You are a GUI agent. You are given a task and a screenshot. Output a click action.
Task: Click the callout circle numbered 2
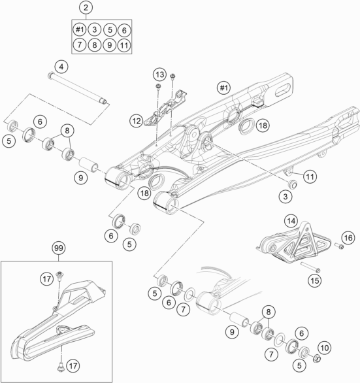86,7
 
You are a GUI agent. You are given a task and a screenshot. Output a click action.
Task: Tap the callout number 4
61,67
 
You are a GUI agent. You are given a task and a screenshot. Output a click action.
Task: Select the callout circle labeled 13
159,75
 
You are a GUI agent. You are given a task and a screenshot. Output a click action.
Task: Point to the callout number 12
137,121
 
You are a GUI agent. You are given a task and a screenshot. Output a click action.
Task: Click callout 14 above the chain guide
291,221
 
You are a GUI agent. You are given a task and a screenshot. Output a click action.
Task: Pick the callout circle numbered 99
59,248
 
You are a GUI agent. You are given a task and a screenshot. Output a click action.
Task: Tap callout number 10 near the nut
325,348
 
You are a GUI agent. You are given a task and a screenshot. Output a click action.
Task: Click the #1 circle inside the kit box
80,29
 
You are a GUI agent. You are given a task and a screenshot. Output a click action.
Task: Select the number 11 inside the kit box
124,45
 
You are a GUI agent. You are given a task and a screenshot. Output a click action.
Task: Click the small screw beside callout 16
339,246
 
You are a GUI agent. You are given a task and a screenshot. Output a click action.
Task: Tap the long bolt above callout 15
310,267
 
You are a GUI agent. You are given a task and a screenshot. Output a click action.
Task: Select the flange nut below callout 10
317,359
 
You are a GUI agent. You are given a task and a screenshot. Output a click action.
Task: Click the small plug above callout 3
293,184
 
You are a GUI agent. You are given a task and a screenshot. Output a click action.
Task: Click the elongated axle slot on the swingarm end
283,91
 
